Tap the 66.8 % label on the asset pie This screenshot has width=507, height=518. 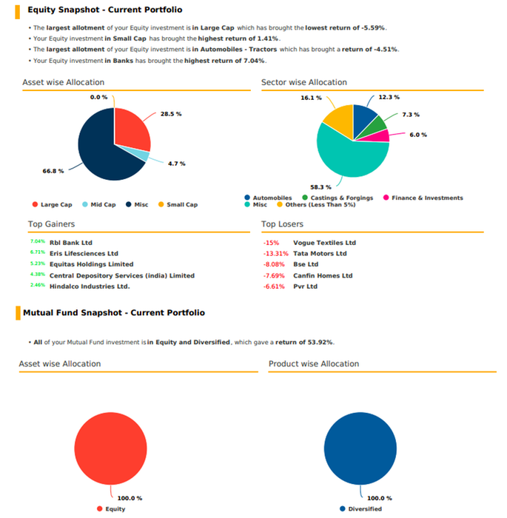point(53,171)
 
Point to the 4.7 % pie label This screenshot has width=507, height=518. point(176,163)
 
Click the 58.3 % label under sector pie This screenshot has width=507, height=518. point(320,186)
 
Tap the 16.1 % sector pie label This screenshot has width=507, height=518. point(311,98)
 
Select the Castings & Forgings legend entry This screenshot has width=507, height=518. point(338,198)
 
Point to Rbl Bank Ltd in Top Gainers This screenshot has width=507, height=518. point(71,242)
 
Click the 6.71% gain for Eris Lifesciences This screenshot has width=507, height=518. point(38,252)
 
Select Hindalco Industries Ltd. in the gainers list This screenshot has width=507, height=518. point(90,286)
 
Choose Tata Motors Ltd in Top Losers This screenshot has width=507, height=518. point(320,253)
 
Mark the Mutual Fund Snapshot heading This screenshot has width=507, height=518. point(114,313)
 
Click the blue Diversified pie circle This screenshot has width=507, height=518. point(360,449)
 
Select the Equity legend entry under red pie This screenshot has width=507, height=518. point(115,508)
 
